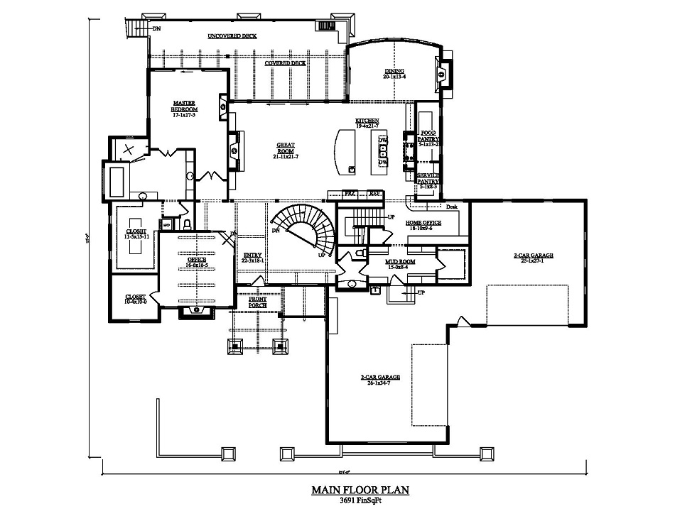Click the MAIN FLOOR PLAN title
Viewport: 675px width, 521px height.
360,490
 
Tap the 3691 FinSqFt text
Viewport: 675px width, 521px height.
360,500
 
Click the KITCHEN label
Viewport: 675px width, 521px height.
367,122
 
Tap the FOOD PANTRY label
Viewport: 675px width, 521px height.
428,137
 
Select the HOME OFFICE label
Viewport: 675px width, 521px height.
423,224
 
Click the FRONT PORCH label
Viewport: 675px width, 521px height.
257,302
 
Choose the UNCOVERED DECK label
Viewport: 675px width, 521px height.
232,35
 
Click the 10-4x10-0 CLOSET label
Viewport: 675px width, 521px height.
136,298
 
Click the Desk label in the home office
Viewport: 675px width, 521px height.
451,207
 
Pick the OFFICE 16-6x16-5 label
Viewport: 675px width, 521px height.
197,262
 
